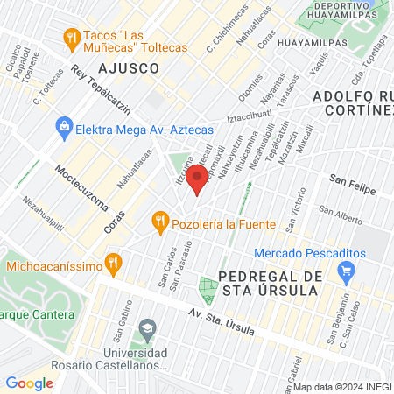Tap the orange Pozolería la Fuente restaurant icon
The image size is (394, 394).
click(x=159, y=222)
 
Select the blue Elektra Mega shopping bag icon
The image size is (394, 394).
click(x=63, y=128)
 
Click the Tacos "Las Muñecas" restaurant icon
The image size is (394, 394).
click(x=71, y=38)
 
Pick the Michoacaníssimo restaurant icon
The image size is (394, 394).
click(x=112, y=263)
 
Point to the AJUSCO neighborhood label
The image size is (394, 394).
click(x=129, y=67)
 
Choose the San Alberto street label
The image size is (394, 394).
click(x=341, y=211)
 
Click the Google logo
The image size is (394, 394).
click(x=29, y=383)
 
